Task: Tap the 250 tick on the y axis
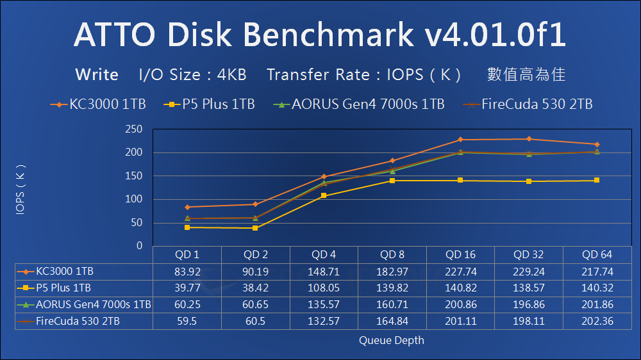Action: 133,129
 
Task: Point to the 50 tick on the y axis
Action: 136,223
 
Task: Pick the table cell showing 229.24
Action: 529,272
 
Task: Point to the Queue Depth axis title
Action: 391,340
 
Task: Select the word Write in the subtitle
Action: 97,74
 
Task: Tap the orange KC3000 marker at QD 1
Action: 187,207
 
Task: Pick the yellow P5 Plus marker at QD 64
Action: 597,180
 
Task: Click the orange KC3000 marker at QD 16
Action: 460,140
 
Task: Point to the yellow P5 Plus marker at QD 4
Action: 324,195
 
